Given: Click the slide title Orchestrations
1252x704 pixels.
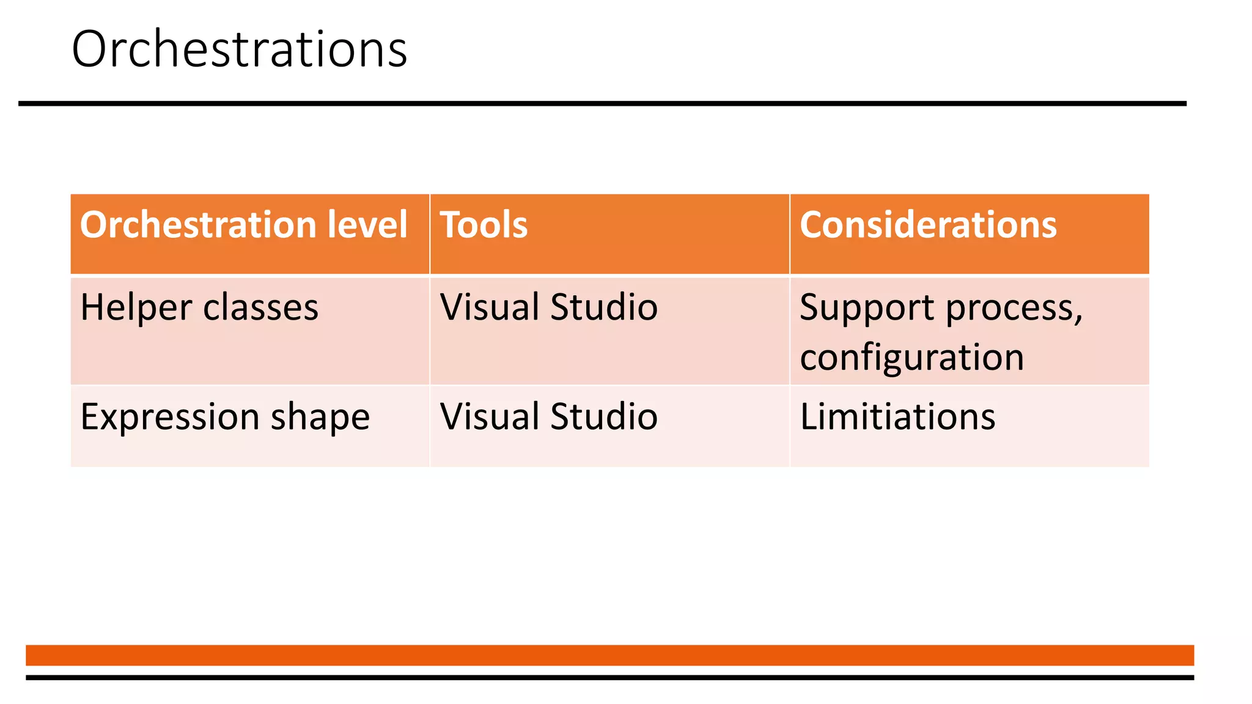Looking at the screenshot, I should (239, 49).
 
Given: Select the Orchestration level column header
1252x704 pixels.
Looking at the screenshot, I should (243, 225).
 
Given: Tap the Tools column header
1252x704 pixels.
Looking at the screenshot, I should (484, 225).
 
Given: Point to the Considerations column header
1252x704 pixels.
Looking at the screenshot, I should (928, 225).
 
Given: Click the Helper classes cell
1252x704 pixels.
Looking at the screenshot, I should (199, 307).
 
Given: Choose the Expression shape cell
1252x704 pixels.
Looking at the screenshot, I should (225, 417).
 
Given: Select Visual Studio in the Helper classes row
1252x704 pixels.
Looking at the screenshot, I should (548, 307).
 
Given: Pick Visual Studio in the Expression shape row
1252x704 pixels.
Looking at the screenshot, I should (548, 417).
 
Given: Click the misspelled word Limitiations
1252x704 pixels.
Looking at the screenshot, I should (897, 417).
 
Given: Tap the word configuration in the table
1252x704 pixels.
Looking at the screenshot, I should (911, 358).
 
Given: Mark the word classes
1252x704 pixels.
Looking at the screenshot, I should (260, 307).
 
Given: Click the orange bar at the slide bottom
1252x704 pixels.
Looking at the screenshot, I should (609, 655).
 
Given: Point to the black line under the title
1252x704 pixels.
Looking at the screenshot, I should (602, 104).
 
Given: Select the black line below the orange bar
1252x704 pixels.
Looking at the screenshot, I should (609, 677).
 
